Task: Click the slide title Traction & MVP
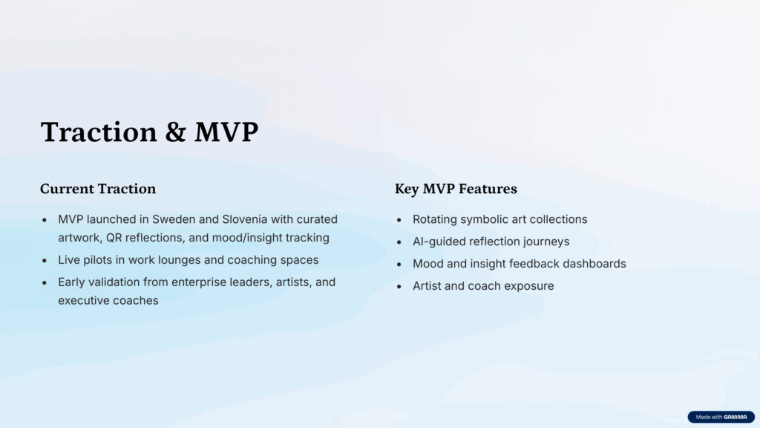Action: pyautogui.click(x=149, y=132)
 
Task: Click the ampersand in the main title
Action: pyautogui.click(x=175, y=132)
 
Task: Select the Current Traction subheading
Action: pyautogui.click(x=98, y=189)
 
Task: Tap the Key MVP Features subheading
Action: pyautogui.click(x=456, y=189)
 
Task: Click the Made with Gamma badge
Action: pyautogui.click(x=721, y=417)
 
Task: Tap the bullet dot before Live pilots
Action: pyautogui.click(x=45, y=261)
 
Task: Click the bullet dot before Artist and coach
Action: pyautogui.click(x=399, y=287)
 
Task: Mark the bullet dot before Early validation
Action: pyautogui.click(x=45, y=283)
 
